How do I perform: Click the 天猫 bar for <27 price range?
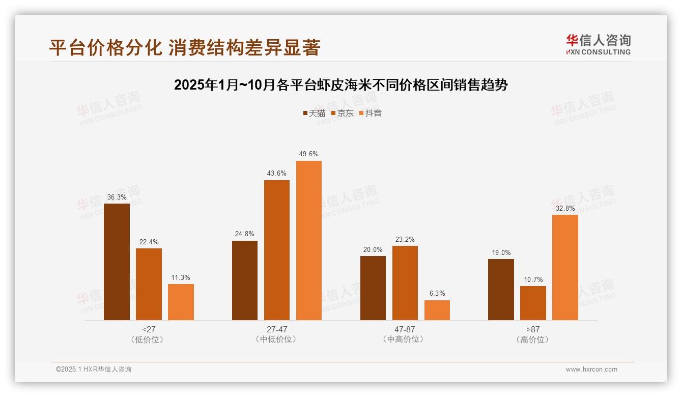tap(117, 262)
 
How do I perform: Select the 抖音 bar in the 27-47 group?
tap(309, 240)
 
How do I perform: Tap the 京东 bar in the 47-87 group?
tap(405, 283)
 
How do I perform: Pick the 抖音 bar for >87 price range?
tap(565, 267)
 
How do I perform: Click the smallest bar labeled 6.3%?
tap(437, 310)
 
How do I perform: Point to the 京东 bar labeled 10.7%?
tap(533, 303)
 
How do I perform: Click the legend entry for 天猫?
tap(314, 113)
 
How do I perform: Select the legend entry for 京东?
tap(342, 113)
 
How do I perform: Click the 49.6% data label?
tap(309, 154)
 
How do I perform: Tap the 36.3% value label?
tap(117, 197)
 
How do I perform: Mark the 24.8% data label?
tap(245, 234)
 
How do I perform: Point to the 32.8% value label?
tap(565, 208)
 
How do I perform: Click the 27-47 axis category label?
tap(276, 329)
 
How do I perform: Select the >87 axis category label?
tap(532, 329)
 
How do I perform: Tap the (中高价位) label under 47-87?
tap(405, 339)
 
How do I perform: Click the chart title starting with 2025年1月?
tap(340, 85)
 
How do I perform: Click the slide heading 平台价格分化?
tap(184, 47)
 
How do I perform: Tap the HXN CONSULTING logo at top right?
tap(598, 44)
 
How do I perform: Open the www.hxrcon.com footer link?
tap(591, 370)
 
